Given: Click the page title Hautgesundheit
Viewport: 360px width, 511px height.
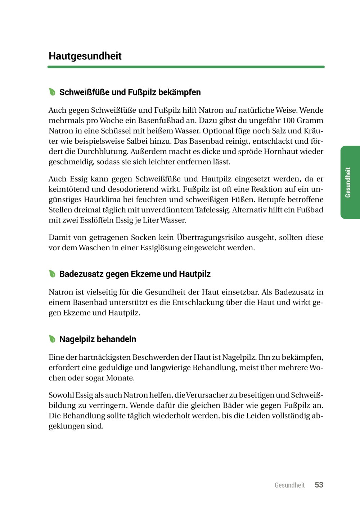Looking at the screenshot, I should [85, 56].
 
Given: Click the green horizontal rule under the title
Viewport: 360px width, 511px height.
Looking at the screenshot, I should [186, 67].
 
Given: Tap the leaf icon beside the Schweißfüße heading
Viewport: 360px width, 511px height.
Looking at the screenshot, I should [52, 92].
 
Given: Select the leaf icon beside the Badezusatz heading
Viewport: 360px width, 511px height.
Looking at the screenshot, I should [52, 274].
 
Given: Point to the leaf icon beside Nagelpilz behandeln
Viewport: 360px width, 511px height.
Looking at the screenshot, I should [52, 339].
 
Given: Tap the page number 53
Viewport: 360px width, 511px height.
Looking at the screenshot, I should [319, 485].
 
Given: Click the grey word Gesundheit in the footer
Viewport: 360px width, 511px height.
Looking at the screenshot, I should [289, 485].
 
